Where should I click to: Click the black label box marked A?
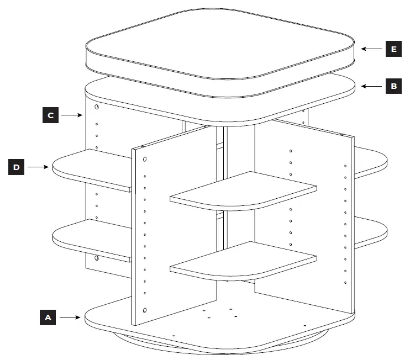point(48,317)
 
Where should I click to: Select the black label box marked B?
point(393,87)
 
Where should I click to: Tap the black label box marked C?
point(50,115)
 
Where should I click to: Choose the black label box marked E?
point(393,49)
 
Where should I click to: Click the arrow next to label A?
point(71,317)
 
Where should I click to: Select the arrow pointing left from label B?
point(371,87)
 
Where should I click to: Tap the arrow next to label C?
point(72,115)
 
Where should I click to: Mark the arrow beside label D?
point(39,166)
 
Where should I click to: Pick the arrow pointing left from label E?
point(371,49)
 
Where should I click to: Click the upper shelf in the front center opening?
point(243,190)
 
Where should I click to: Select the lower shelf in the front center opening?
point(243,261)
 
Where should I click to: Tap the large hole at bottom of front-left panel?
point(145,310)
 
